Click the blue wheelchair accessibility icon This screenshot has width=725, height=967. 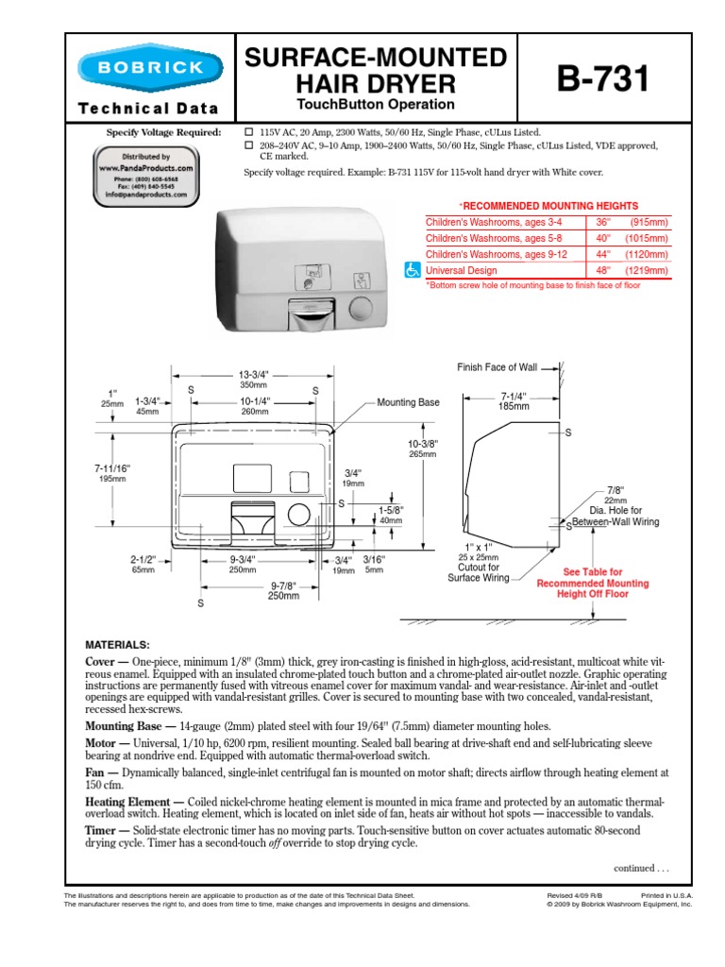413,270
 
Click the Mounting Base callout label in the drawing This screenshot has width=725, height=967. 408,402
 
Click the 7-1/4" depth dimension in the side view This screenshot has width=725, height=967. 514,397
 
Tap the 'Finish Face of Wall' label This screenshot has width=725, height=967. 497,366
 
